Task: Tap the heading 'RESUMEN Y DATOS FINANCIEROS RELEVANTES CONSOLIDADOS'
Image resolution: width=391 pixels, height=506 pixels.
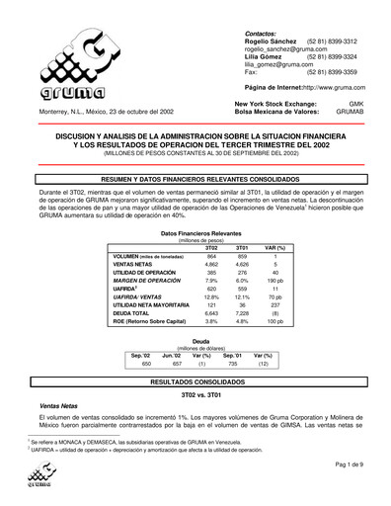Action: click(x=195, y=168)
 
